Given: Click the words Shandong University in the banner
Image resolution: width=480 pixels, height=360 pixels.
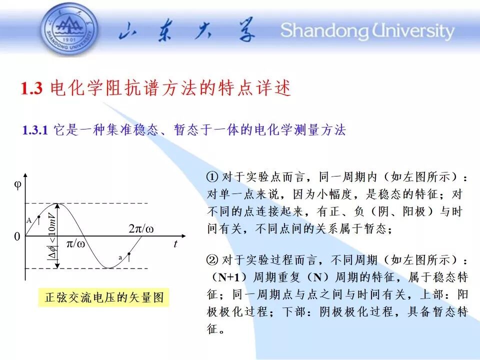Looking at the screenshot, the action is pos(367,30).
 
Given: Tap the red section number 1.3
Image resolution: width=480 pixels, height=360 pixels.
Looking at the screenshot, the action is pos(31,88).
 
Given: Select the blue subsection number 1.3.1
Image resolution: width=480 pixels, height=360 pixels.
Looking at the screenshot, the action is pos(35,130).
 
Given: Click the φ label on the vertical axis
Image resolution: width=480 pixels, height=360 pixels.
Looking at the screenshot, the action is pos(18,185).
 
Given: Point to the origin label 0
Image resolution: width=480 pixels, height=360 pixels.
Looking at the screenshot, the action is pos(17,236).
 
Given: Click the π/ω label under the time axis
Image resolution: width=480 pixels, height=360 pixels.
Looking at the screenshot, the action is pos(75,244).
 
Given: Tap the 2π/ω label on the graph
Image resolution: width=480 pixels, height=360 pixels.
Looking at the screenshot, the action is pos(141,228).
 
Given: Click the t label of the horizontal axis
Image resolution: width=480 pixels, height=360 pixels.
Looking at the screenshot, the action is pos(175,243).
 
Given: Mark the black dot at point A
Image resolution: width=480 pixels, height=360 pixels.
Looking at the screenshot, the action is pos(39,217).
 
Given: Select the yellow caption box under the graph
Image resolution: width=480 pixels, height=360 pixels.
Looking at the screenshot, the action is pos(104,297).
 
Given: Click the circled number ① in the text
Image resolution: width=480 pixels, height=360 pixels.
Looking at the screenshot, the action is pos(212,177).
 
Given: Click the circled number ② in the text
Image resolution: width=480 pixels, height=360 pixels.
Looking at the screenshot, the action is pos(212,260).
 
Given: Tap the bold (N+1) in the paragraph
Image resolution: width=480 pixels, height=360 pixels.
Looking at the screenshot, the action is pos(229,277).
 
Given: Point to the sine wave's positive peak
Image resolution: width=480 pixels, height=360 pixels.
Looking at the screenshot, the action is pos(57,203).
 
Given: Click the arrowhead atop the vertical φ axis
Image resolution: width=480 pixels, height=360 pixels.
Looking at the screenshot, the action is pos(25,175).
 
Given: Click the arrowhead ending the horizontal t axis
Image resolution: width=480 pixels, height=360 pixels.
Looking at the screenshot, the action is pos(183,236).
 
